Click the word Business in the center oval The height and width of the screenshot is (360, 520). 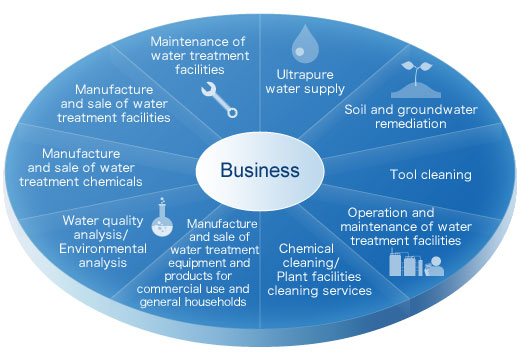(259, 169)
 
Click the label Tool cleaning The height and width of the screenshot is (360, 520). (430, 175)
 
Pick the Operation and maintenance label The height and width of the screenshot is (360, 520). (405, 226)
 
